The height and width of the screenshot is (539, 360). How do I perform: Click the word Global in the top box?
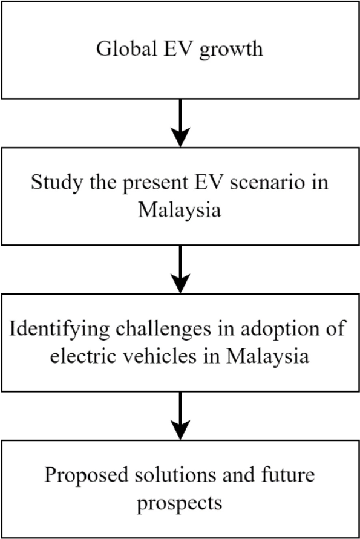point(126,48)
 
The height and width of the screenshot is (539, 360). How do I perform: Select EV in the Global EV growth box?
point(178,48)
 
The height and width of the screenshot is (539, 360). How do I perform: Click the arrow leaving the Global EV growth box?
point(180,123)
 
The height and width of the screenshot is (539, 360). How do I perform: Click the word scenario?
point(267,182)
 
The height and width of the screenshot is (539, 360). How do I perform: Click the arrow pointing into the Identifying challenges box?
point(180,269)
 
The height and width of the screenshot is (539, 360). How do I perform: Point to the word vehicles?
point(162,356)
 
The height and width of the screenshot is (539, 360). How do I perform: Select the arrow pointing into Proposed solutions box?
point(180,416)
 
